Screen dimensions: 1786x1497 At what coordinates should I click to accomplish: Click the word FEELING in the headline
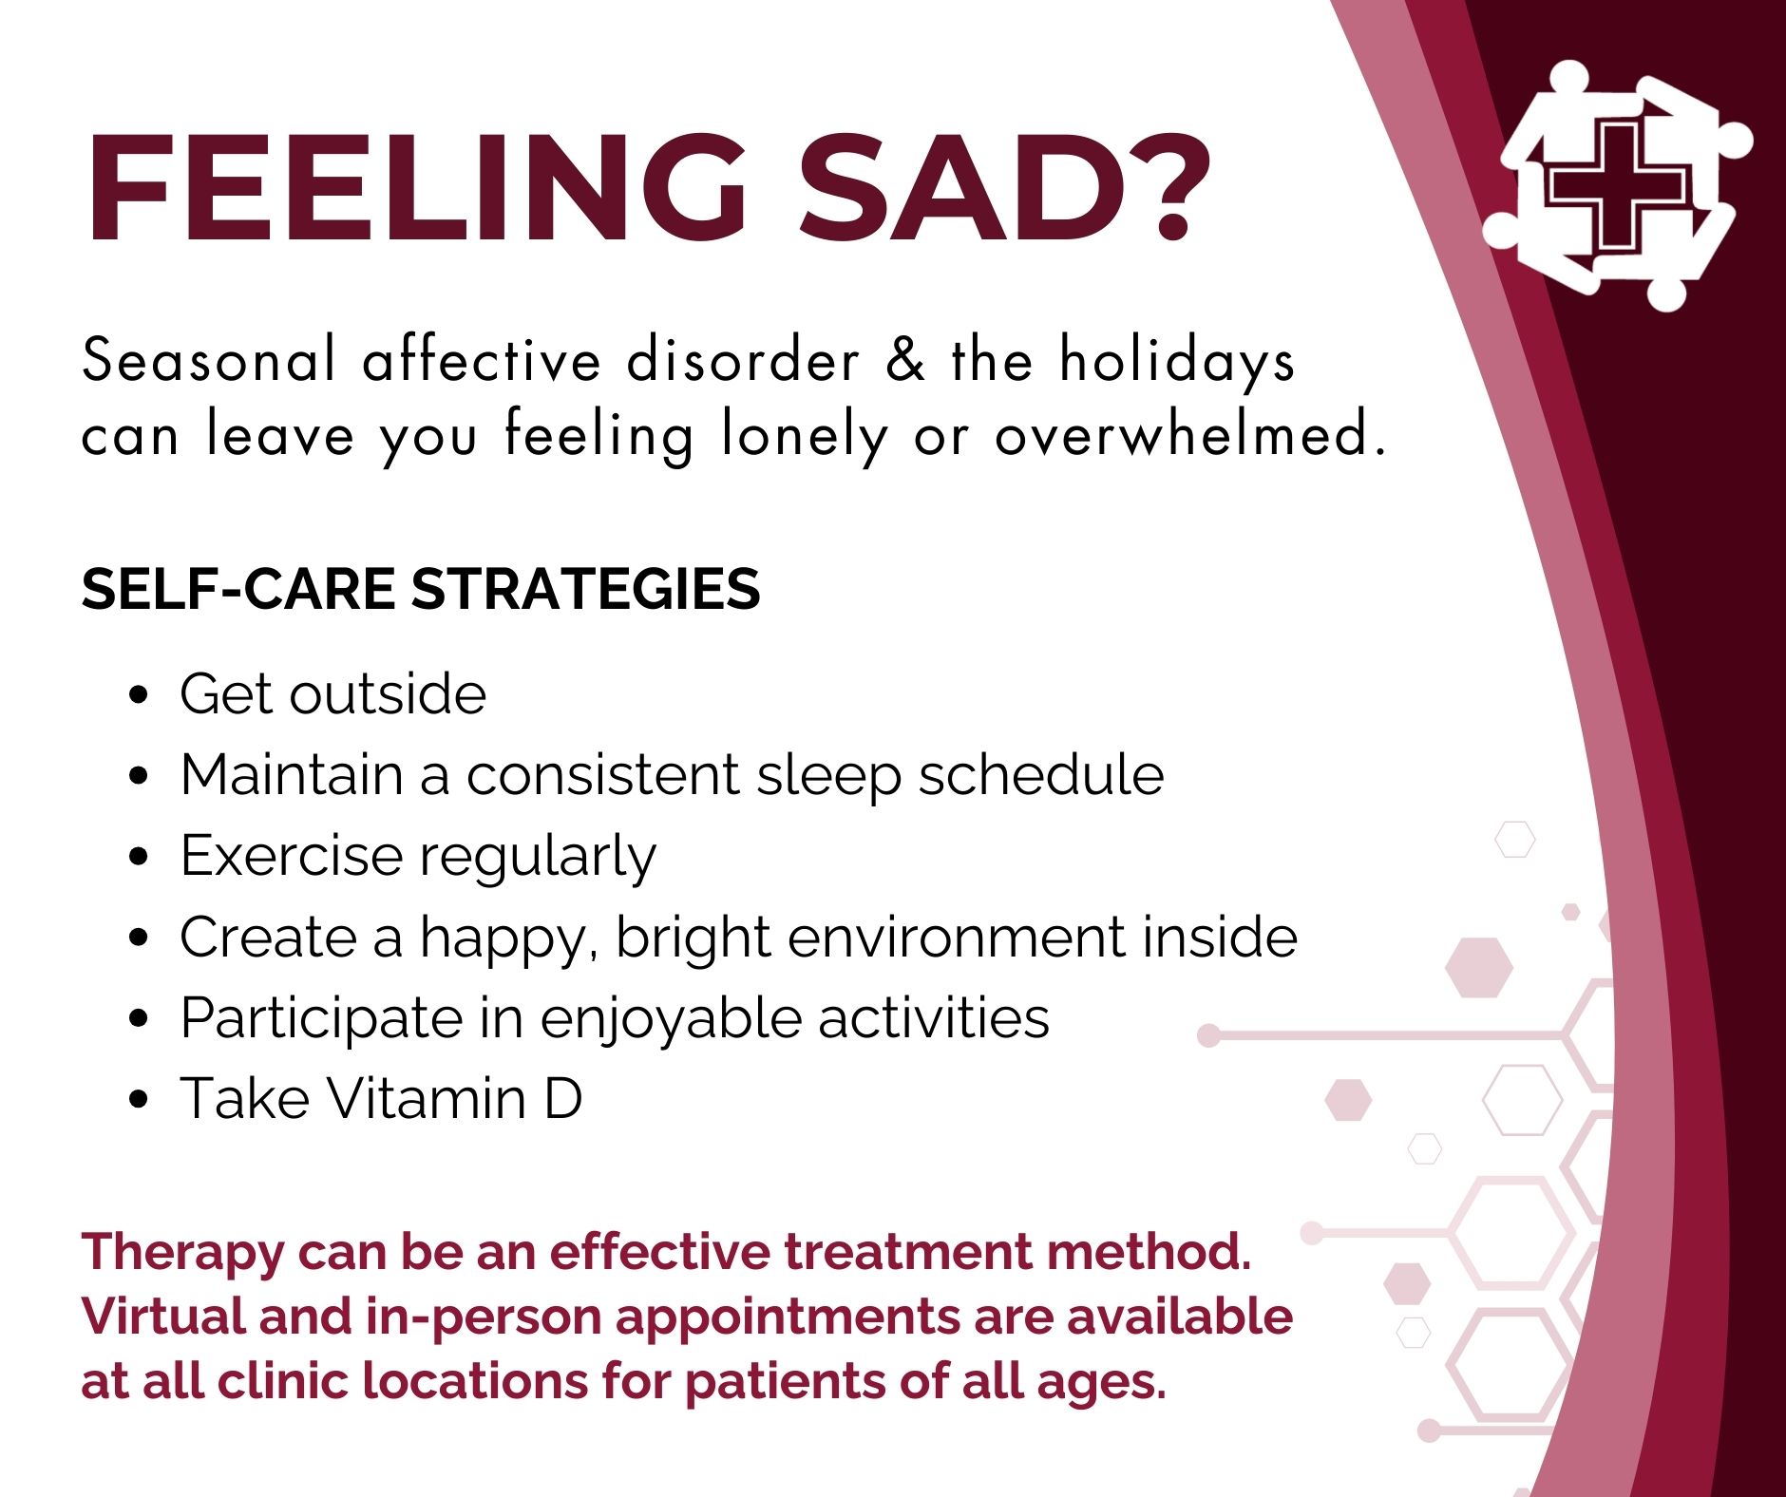click(417, 188)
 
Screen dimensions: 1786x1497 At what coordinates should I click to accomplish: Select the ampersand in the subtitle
click(905, 360)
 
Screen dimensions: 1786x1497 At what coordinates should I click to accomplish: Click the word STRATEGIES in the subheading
click(585, 589)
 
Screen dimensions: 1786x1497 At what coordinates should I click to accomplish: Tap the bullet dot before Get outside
click(139, 694)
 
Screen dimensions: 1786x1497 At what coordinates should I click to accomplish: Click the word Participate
click(321, 1019)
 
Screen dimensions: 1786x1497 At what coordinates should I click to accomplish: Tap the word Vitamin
click(427, 1099)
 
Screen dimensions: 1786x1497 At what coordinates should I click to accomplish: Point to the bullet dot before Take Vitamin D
click(139, 1099)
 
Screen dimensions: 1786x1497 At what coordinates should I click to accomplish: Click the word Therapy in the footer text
click(182, 1253)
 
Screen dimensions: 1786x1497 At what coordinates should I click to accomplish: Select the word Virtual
click(163, 1317)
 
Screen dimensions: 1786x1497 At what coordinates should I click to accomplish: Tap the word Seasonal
click(208, 360)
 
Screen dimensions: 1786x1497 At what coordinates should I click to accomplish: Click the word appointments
click(787, 1318)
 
